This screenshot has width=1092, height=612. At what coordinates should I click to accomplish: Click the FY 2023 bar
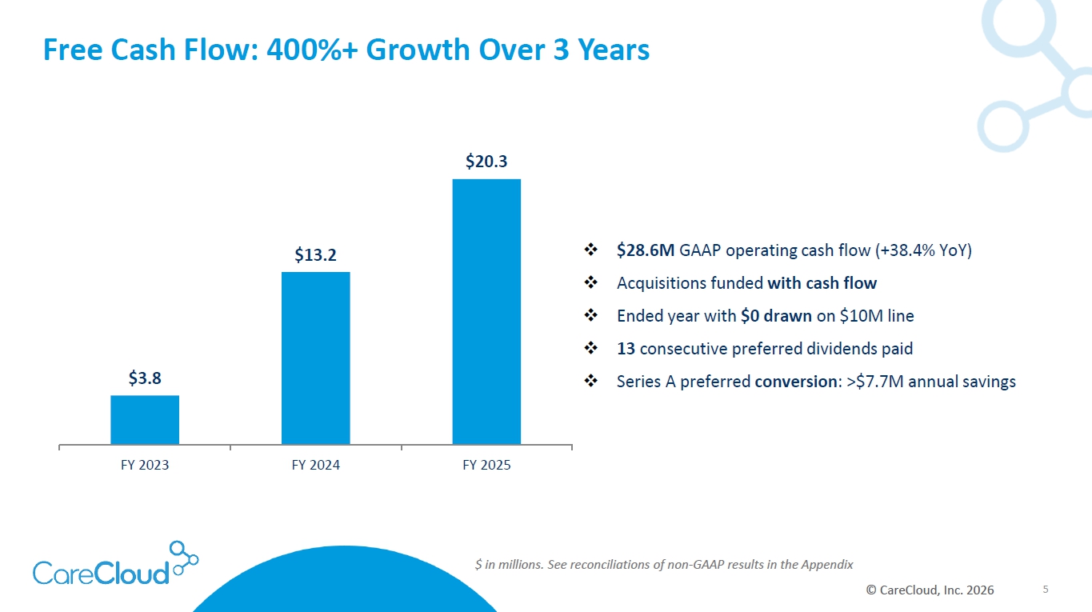tap(145, 419)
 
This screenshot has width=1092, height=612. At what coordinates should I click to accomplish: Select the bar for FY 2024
tap(316, 358)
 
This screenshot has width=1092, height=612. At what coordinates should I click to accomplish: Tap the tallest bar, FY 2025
tap(486, 312)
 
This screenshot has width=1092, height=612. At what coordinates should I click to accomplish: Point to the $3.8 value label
tap(145, 378)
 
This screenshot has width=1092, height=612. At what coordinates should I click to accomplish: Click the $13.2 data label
tap(315, 254)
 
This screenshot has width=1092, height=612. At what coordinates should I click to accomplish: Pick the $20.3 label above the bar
tap(486, 161)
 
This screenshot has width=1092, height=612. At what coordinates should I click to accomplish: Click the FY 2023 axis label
tap(145, 465)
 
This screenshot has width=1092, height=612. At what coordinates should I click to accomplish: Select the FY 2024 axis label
tap(316, 465)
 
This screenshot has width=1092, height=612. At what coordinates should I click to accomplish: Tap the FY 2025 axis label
tap(486, 465)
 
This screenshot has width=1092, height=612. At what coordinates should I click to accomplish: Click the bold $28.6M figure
tap(646, 250)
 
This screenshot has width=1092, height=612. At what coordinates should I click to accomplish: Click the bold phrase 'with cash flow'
tap(822, 283)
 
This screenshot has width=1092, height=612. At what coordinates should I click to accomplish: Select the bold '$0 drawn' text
tap(776, 316)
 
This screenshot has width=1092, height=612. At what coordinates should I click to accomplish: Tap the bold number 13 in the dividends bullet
tap(626, 349)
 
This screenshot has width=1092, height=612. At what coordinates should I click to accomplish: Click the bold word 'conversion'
tap(795, 382)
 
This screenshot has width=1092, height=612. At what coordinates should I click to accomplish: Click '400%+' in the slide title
tap(312, 50)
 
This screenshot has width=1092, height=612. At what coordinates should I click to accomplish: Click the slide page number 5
tap(1046, 590)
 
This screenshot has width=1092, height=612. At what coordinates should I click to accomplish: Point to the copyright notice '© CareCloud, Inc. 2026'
tap(930, 590)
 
